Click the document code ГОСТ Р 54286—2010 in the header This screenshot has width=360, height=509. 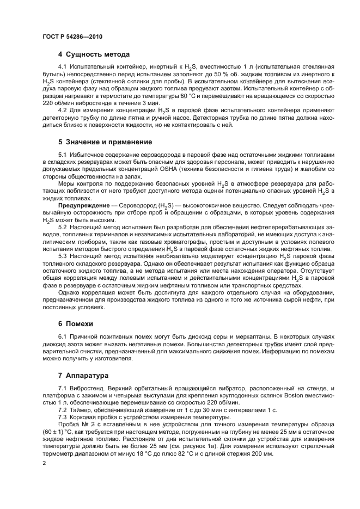coord(72,37)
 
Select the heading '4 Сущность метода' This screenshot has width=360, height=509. coord(94,54)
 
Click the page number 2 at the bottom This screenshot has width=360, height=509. coord(44,464)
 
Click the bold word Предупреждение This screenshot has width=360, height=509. coord(82,205)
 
